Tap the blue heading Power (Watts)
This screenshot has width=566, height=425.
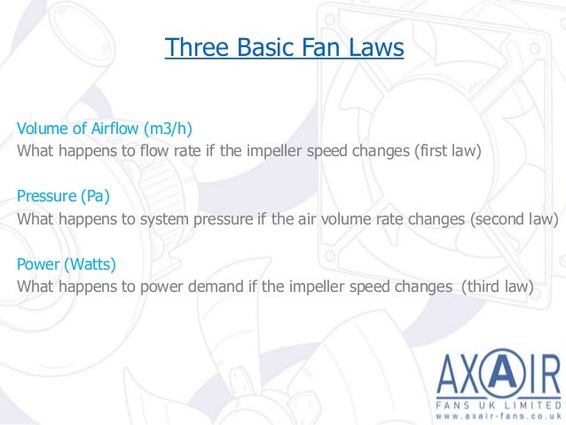point(67,264)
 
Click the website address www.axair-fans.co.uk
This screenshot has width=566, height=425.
point(498,415)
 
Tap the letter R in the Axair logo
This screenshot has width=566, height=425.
point(548,374)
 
